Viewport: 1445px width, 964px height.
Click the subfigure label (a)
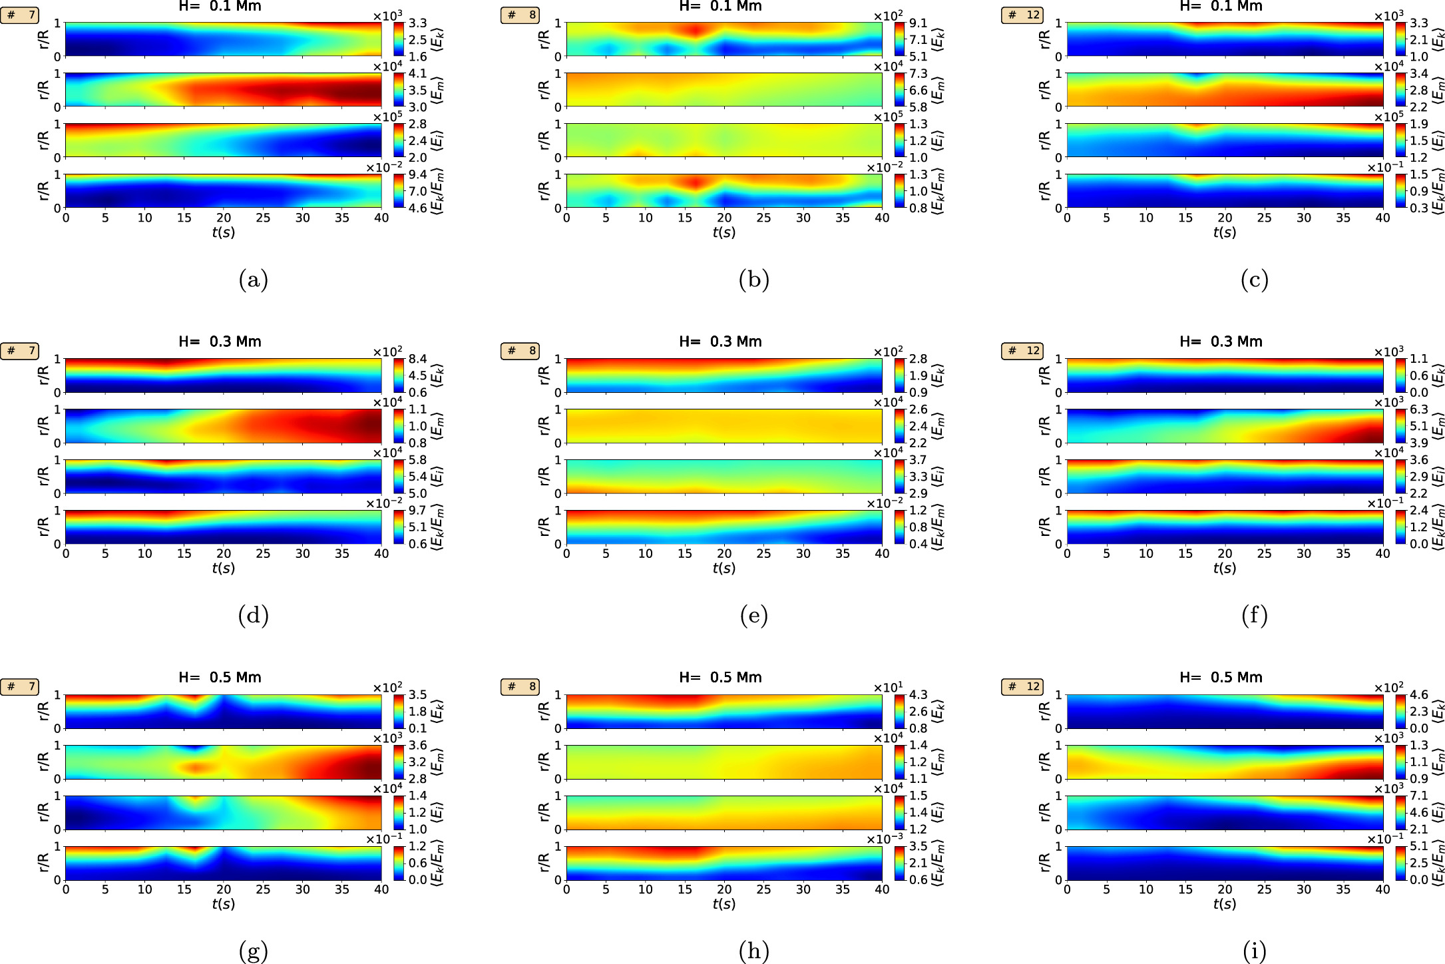point(253,280)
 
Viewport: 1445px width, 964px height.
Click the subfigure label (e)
point(753,615)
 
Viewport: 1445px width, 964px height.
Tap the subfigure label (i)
point(1254,951)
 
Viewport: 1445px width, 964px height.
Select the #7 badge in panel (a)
point(20,15)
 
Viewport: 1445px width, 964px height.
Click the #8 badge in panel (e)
point(520,351)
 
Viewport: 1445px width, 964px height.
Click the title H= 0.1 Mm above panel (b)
point(720,7)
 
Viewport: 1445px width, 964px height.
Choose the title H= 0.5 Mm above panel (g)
point(220,677)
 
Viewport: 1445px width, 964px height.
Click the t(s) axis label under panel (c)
point(1225,232)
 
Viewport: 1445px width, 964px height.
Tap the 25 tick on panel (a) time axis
point(263,218)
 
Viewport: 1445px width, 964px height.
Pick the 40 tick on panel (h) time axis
point(882,889)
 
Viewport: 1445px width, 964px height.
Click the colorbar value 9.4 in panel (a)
point(417,175)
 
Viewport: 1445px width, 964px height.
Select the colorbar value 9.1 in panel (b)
point(918,23)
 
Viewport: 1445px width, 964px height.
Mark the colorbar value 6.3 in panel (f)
point(1418,409)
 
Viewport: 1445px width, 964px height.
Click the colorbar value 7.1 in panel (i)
point(1418,796)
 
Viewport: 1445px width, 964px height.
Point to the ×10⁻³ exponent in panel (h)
point(885,840)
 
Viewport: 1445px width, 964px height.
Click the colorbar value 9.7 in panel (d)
point(417,511)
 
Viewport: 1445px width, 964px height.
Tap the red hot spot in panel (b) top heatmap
point(695,30)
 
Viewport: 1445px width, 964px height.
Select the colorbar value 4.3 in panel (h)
point(918,695)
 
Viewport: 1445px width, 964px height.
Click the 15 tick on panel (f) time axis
point(1185,553)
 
